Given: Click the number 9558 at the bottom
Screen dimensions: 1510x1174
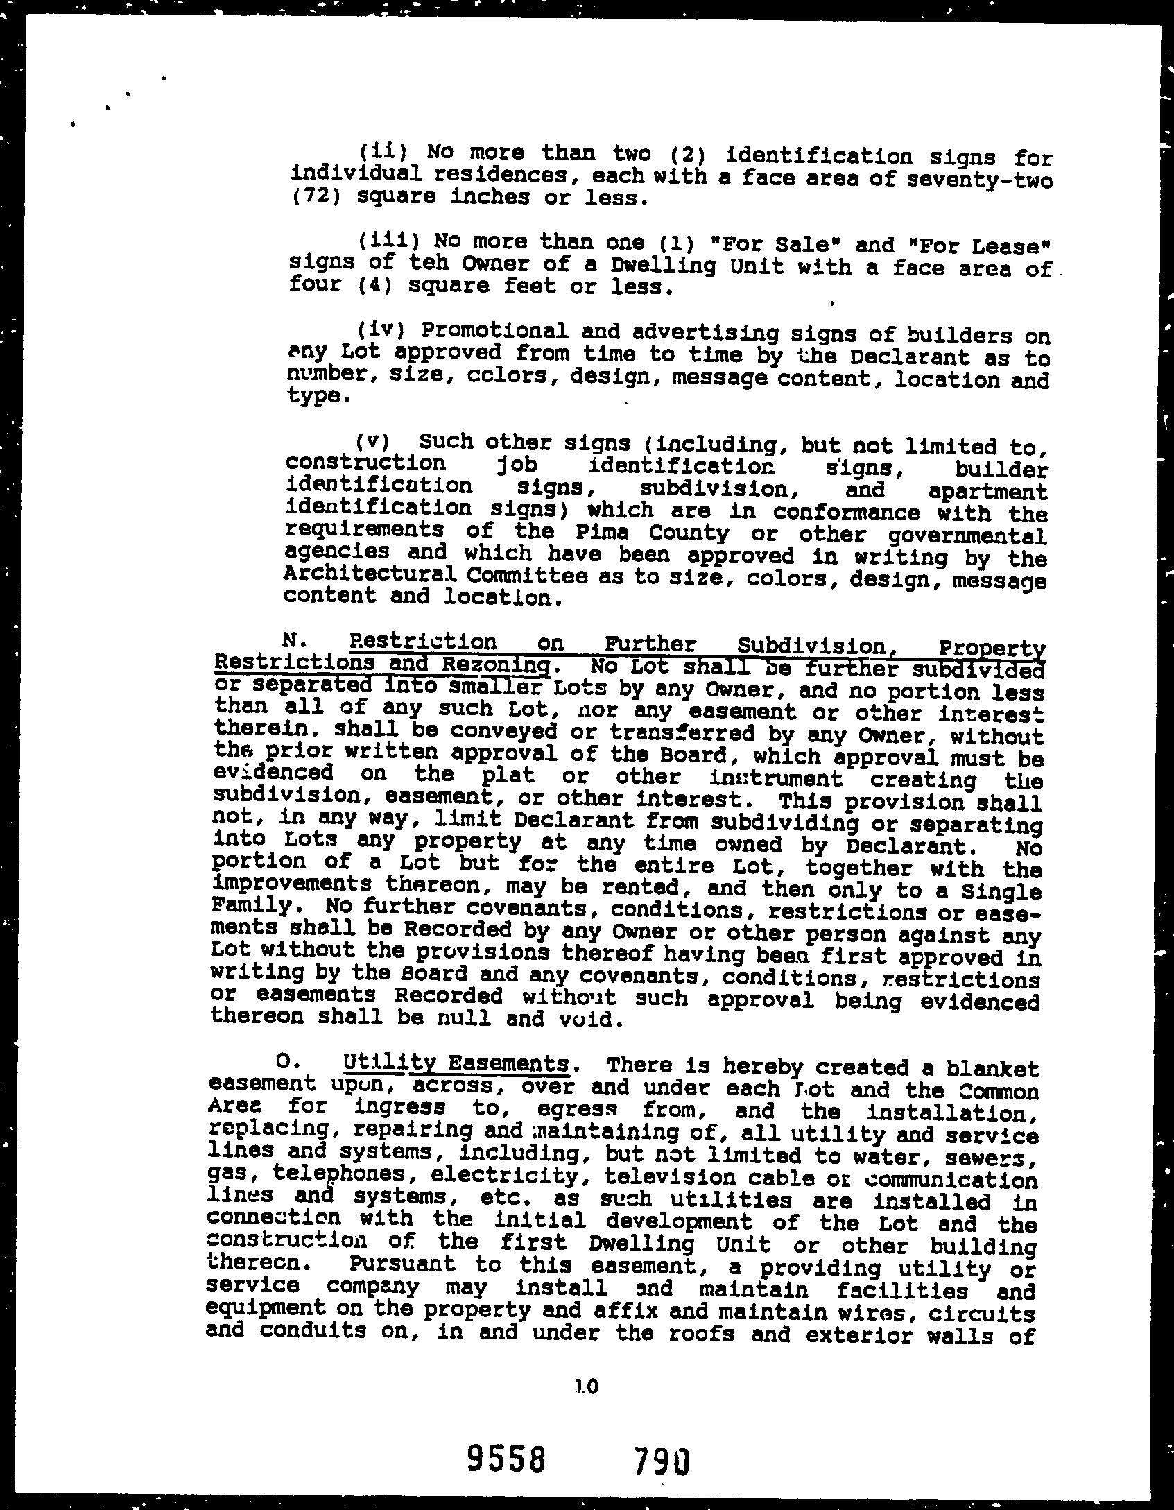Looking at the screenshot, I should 505,1459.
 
